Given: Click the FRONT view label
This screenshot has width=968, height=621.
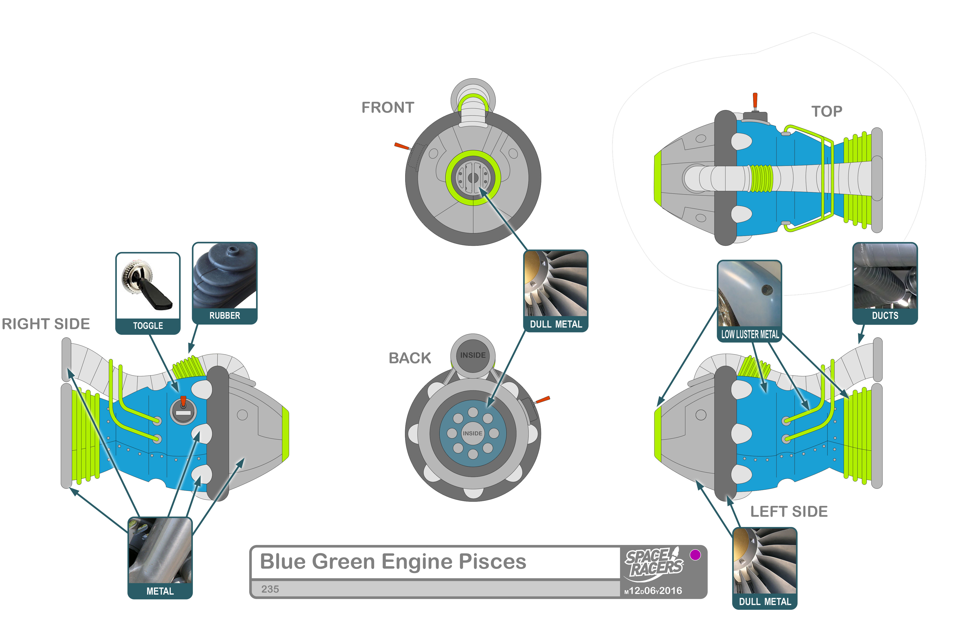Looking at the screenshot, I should [387, 108].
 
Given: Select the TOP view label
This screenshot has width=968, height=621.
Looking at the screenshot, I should [826, 111].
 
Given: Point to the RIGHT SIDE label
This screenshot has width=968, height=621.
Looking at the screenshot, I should [45, 324].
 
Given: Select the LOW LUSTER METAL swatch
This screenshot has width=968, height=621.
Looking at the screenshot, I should [749, 294].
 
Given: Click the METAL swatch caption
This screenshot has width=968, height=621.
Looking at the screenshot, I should [160, 591].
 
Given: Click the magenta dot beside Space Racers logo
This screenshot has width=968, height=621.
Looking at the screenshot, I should [695, 555].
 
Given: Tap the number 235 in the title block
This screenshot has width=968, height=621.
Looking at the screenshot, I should [270, 589].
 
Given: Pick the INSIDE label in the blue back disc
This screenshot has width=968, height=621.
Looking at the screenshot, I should [472, 433].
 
